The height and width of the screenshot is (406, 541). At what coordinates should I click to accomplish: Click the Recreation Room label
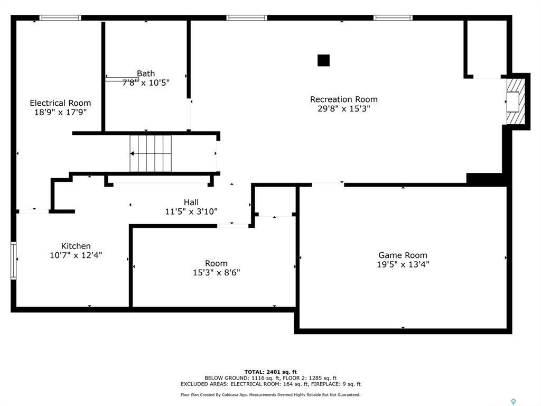coord(343,99)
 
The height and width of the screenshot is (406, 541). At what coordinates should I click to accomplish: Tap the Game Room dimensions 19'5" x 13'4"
coord(403,264)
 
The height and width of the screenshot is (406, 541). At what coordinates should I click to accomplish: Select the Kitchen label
coord(76,246)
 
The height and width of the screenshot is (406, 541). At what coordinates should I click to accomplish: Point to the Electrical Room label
coord(60,103)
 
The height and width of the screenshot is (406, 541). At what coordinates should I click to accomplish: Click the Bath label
coord(146,73)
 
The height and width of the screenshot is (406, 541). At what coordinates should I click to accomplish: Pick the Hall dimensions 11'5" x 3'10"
coord(191,211)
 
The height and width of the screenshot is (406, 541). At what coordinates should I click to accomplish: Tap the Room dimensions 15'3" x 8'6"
coord(216,272)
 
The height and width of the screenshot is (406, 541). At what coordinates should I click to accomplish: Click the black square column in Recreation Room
coord(324,60)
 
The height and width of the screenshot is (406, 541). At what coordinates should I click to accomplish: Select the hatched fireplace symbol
coord(516,101)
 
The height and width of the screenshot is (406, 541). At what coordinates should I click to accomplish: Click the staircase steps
coord(151,153)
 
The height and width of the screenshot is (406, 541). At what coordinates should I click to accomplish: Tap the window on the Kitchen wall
coord(13,261)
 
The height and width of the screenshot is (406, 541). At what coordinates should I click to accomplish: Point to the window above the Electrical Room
coord(60,17)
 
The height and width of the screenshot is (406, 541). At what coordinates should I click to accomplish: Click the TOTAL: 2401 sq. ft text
coord(270,372)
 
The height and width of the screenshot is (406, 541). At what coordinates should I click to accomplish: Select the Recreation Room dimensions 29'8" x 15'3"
coord(343,109)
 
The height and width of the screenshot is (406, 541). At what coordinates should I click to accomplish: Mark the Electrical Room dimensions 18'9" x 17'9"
coord(60,112)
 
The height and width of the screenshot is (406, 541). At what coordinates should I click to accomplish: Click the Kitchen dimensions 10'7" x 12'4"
coord(76,255)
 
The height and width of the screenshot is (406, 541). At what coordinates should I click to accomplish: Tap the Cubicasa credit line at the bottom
coord(270,394)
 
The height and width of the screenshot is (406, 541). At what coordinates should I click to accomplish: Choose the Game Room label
coord(403,255)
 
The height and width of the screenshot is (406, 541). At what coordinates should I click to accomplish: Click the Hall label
coord(191,202)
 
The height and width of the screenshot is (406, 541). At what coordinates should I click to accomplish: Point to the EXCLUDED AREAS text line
coord(270,384)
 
